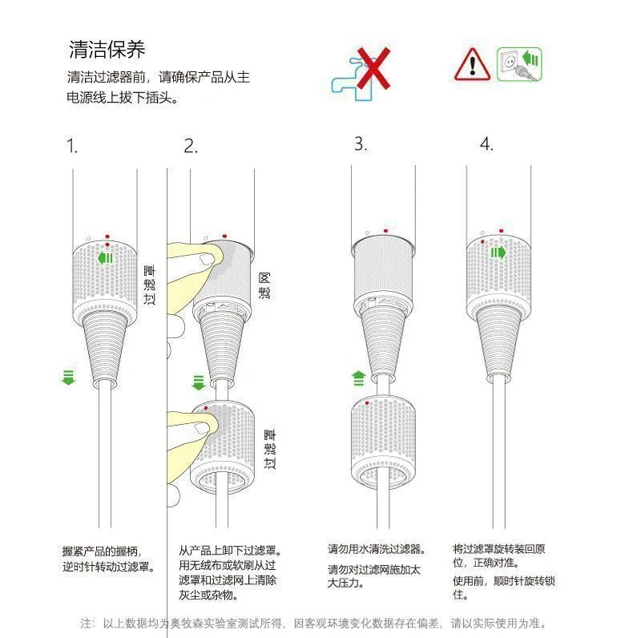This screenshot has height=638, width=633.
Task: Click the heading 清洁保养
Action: pos(107,50)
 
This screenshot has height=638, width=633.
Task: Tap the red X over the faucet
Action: pos(373,68)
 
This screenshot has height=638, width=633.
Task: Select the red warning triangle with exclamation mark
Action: pos(472,64)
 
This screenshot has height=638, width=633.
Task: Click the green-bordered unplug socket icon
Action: pos(519,64)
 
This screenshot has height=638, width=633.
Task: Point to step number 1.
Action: pos(72,146)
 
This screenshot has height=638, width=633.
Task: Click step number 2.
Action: pos(191,146)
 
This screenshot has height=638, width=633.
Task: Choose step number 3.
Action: pos(361,143)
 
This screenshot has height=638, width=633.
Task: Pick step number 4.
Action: pos(486,143)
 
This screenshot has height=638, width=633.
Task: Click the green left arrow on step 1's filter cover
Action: pos(105,258)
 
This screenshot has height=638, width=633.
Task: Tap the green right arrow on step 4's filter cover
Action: pos(498,252)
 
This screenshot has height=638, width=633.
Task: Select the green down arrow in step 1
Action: pos(68,378)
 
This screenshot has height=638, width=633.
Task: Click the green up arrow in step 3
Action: pos(358,378)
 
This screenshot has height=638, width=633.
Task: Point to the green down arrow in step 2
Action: pos(199,382)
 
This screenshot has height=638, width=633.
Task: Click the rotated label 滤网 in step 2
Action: pos(264,285)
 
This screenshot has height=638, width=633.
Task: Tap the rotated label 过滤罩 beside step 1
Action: pos(149,285)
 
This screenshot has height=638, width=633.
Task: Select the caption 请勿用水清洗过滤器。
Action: pos(377,549)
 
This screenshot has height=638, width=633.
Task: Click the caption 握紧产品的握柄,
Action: pos(102,551)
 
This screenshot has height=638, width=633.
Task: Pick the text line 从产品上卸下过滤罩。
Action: pos(230,551)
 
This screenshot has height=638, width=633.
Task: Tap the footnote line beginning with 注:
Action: pos(313,623)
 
